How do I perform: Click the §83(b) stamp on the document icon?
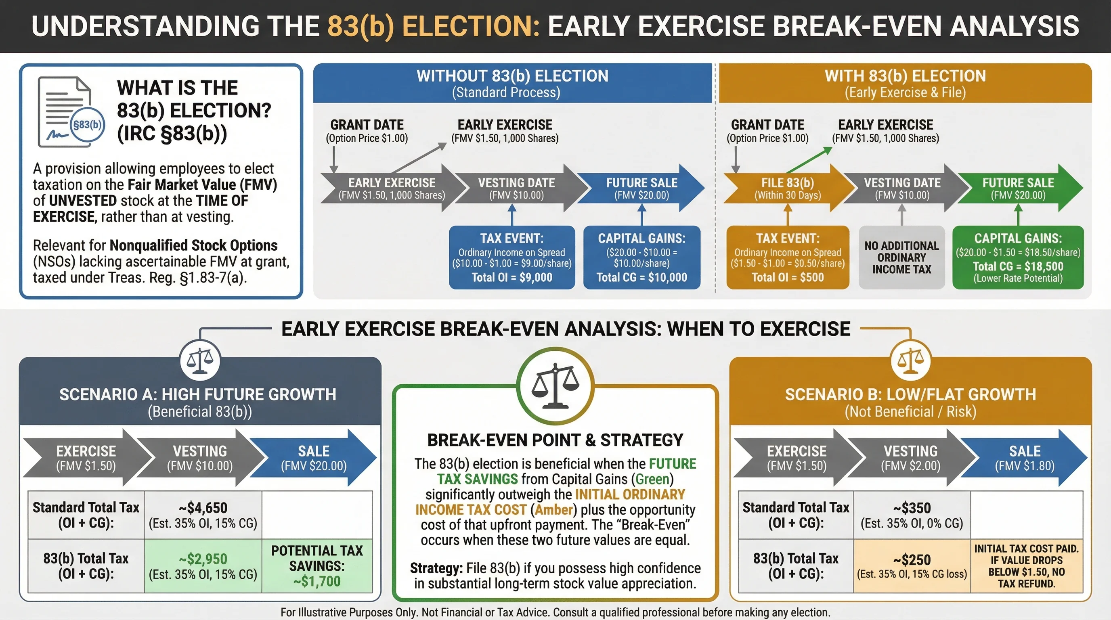pos(87,125)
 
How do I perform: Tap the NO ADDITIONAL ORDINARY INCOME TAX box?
pos(901,258)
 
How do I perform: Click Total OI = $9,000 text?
pos(512,277)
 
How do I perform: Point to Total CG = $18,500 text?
pos(1018,266)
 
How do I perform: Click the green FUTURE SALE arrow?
pos(1018,189)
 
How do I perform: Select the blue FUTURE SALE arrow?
pos(642,189)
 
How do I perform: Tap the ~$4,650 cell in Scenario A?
pos(203,515)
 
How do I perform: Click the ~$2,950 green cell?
pos(203,566)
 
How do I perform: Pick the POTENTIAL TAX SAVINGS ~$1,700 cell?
pos(317,566)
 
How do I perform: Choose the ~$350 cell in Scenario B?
pos(912,515)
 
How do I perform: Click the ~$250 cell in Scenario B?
pos(912,566)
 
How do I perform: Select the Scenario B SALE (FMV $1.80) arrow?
pos(1025,458)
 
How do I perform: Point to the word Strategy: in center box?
pos(436,568)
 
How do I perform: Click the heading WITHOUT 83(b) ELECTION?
pos(512,76)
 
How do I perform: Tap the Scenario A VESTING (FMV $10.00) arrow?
pos(200,458)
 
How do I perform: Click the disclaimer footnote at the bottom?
pos(555,612)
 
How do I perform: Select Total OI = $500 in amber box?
pos(788,277)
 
